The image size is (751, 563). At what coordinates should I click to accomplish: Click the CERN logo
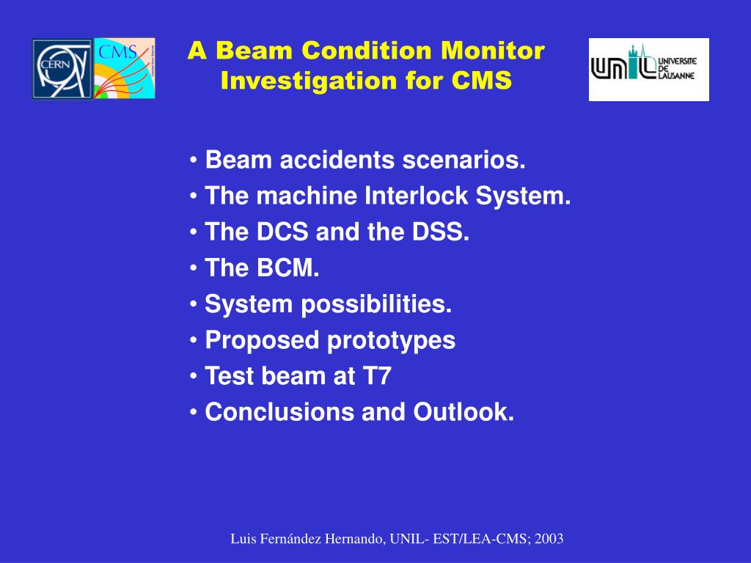point(62,69)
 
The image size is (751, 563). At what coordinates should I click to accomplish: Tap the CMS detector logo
point(125,68)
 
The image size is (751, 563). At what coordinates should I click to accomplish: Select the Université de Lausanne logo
point(648,70)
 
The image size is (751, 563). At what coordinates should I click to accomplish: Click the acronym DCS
point(282,232)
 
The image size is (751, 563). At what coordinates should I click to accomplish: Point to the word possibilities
point(376,304)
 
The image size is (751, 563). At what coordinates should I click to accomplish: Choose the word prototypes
point(391,341)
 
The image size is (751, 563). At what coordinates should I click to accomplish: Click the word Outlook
point(464,412)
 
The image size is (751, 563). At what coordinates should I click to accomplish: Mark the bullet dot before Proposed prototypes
point(194,340)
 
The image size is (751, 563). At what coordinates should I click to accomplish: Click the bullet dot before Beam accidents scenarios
point(194,160)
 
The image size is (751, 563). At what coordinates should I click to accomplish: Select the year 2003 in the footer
point(549,539)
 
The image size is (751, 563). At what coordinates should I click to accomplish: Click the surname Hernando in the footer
point(354,539)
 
